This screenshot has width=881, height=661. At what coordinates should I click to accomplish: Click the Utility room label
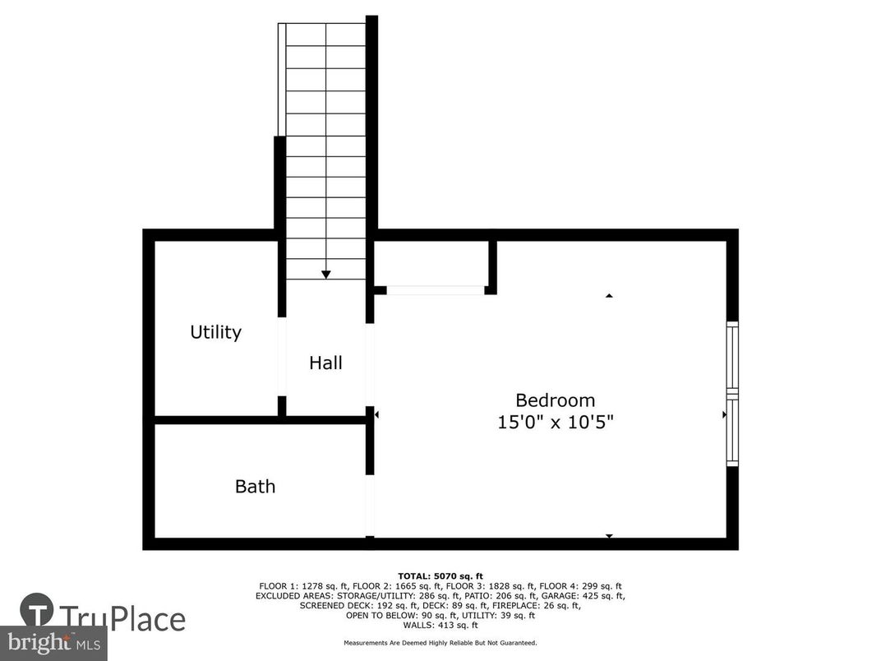[215, 332]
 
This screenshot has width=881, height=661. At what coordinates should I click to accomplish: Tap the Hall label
[325, 363]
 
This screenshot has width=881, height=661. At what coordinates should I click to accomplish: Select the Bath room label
[255, 487]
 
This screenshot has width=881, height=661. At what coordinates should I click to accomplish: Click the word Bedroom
[555, 400]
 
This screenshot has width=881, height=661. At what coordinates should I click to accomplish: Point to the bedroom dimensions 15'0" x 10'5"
[556, 423]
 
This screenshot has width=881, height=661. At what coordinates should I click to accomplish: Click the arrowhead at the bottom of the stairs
[326, 275]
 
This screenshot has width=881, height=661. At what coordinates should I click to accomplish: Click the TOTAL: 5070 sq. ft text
[441, 575]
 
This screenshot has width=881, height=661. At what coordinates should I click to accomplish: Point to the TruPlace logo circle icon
[38, 612]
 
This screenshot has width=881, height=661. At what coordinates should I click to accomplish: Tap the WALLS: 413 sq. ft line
[441, 625]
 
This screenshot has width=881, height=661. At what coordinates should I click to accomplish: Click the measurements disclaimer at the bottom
[441, 643]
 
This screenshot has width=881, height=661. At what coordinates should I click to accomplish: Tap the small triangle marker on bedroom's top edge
[609, 295]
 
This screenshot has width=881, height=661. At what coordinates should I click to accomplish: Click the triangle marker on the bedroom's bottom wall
[609, 536]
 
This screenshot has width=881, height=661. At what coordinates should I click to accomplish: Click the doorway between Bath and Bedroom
[370, 505]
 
